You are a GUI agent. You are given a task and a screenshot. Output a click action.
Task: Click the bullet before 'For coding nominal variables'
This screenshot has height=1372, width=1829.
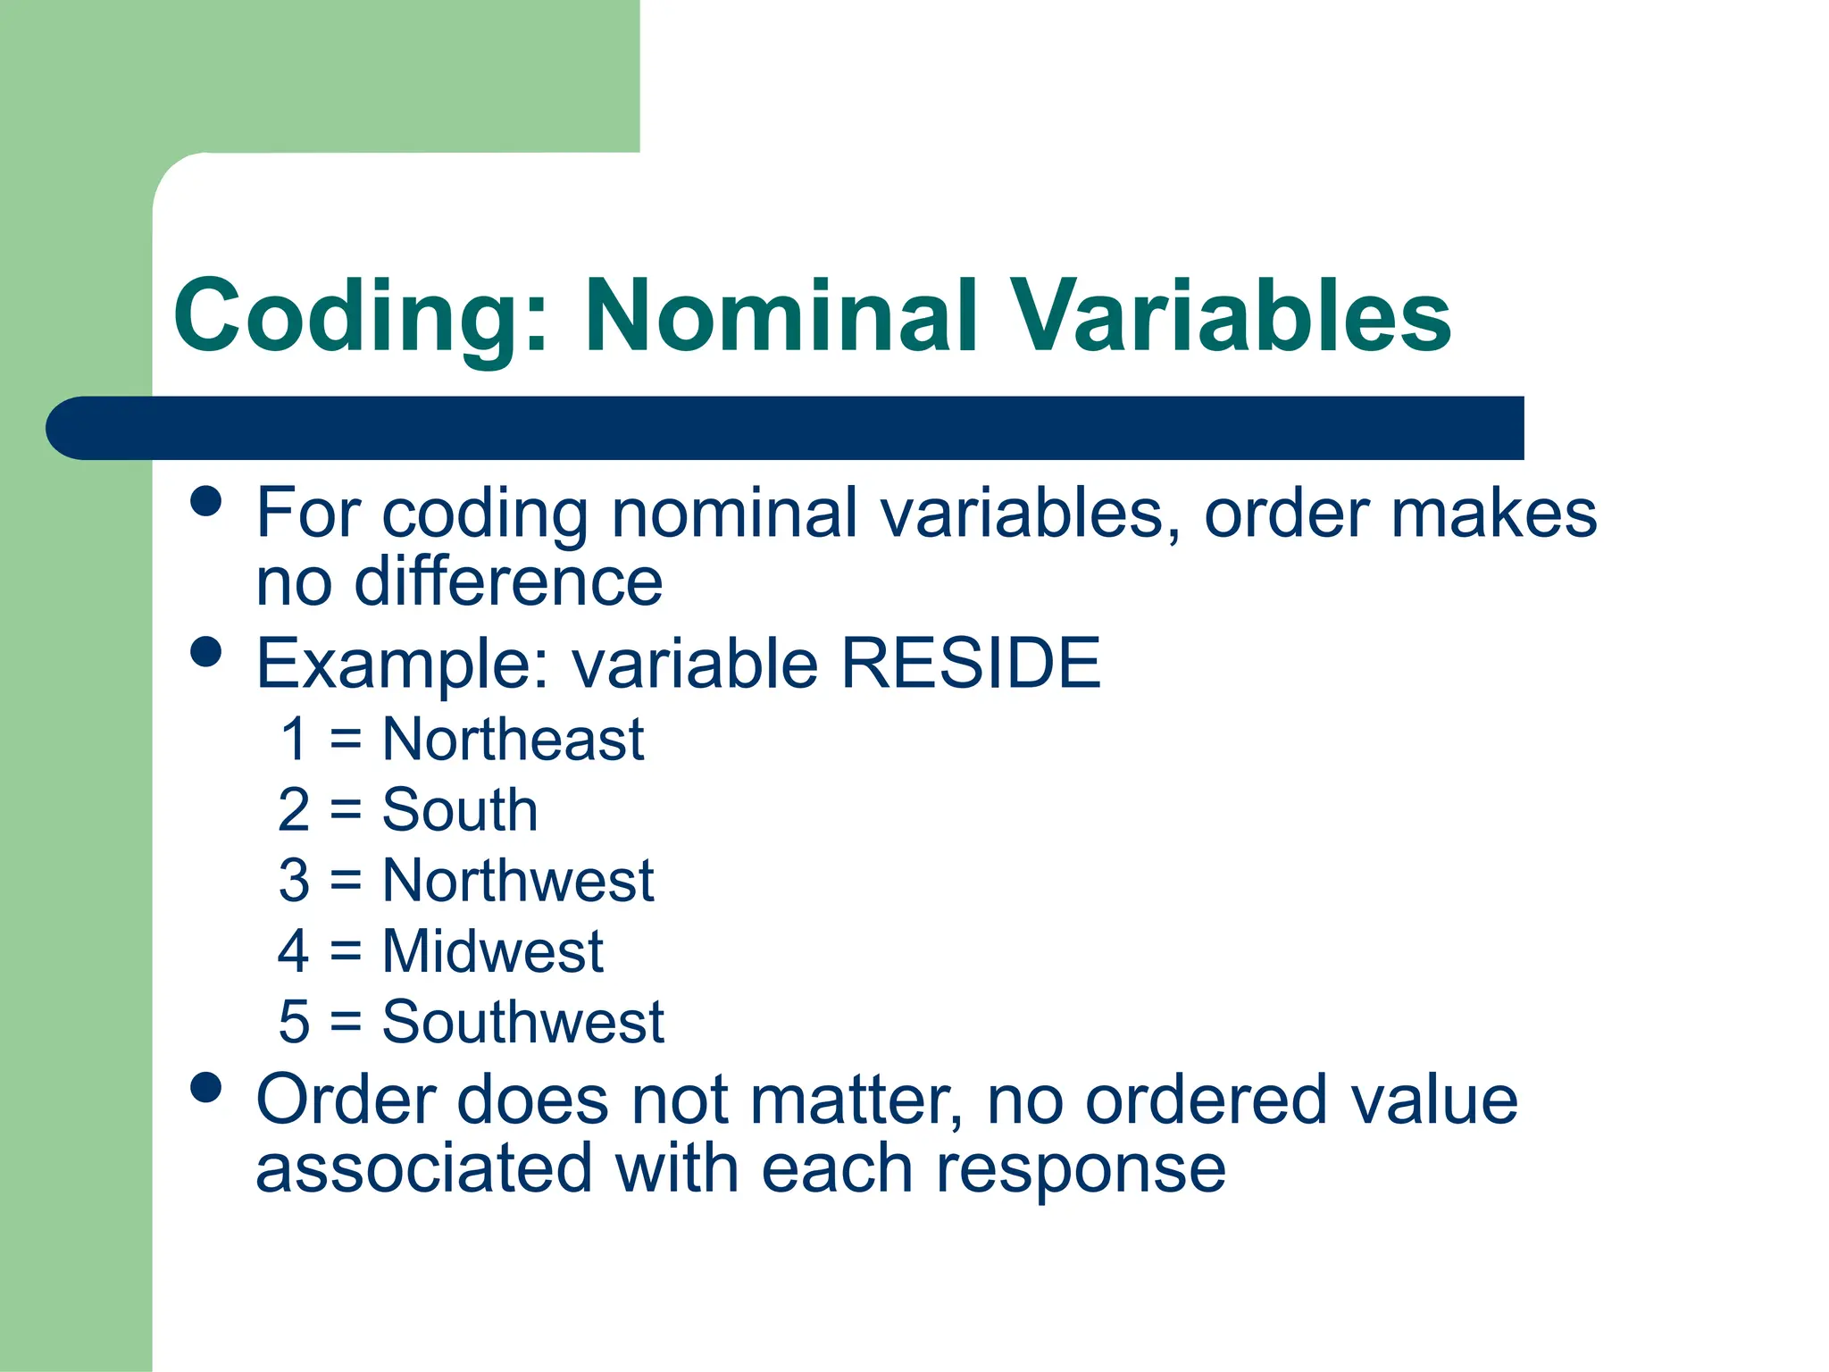(x=206, y=501)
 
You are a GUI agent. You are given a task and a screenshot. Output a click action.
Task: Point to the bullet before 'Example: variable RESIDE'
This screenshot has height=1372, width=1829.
(x=206, y=651)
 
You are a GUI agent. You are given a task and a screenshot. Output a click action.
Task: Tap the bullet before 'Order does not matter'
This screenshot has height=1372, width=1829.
(x=206, y=1088)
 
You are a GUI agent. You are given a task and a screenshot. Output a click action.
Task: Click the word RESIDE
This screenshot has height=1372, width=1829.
(x=971, y=664)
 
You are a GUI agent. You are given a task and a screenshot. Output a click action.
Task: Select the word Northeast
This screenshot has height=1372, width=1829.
(x=513, y=740)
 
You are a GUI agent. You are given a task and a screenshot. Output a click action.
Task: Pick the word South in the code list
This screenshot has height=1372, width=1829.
(x=459, y=810)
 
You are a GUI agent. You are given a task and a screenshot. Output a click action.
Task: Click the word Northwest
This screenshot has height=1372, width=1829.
(x=518, y=881)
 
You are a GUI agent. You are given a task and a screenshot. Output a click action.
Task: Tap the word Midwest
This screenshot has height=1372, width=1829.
(x=492, y=951)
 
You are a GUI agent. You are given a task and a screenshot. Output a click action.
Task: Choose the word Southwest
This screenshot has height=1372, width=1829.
(x=522, y=1022)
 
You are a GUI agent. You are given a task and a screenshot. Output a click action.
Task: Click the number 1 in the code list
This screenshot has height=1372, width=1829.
(x=294, y=740)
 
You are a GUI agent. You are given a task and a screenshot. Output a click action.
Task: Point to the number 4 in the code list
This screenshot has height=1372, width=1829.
(x=293, y=951)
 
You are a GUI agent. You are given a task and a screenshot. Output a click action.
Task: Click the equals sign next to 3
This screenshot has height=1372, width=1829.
(x=346, y=882)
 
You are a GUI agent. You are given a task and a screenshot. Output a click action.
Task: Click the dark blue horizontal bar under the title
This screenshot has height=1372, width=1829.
(x=786, y=428)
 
